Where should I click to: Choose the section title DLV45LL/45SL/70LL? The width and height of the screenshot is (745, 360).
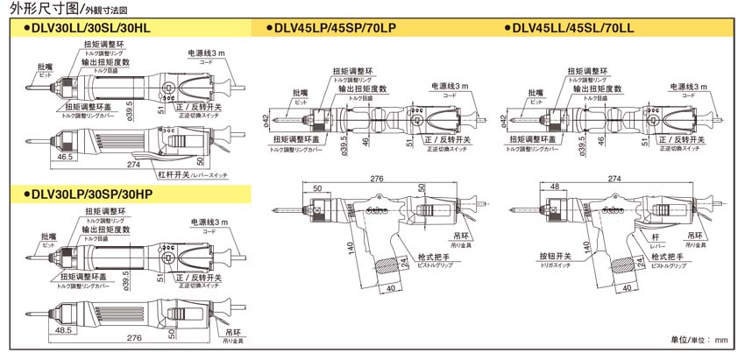coord(575,29)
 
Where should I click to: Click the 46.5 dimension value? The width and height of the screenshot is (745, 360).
coord(64,156)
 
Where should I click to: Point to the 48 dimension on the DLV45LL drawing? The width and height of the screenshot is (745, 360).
coord(555,187)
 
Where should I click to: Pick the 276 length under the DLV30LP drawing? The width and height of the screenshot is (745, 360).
coord(132,338)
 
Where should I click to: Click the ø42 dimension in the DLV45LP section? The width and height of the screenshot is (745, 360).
coord(266,119)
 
